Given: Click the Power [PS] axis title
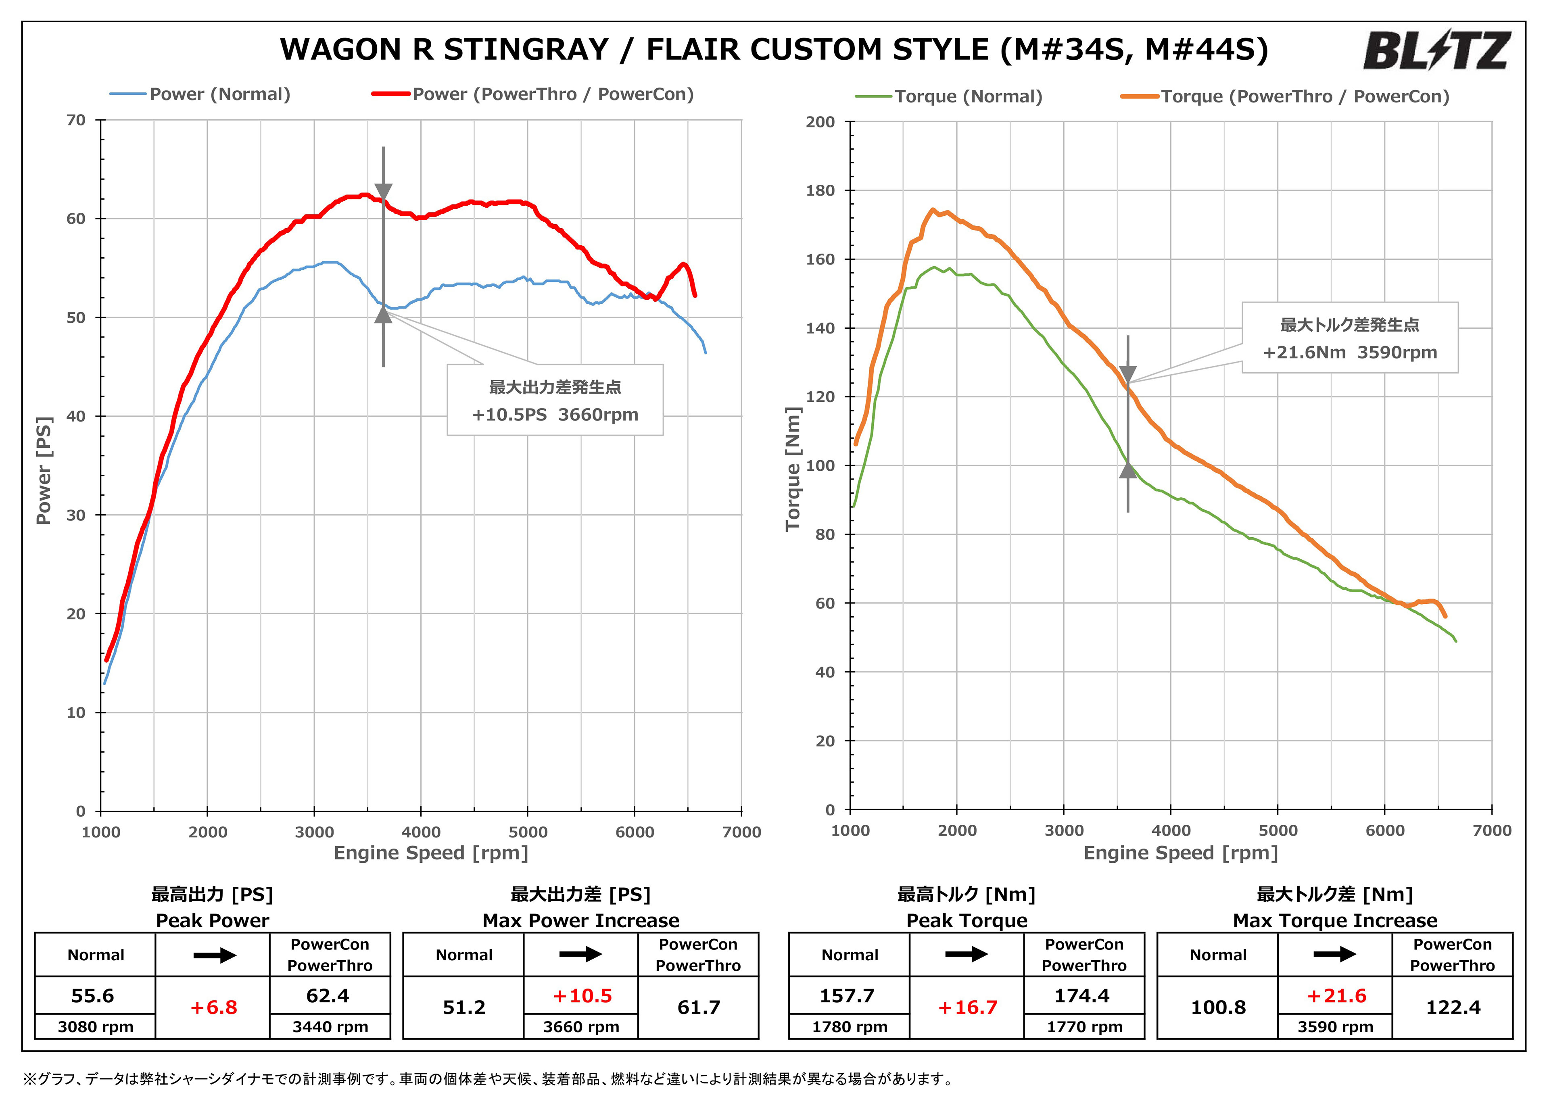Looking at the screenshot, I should point(44,470).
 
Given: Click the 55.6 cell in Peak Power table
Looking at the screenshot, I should point(93,996).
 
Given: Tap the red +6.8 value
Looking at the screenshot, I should point(213,1007).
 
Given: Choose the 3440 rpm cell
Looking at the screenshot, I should point(330,1027).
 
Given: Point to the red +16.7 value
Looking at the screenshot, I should point(967,1007).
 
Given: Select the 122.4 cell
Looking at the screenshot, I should point(1453,1007).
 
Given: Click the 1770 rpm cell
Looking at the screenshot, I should point(1084,1027).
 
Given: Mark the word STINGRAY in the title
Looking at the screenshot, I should point(526,49).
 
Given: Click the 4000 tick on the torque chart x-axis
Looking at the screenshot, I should point(1171,830).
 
